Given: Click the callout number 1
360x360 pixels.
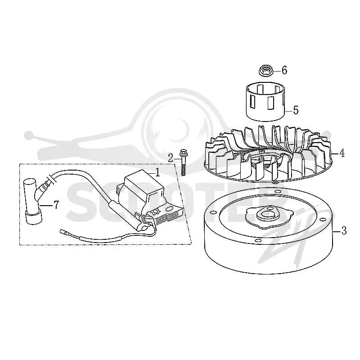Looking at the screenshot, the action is (x=157, y=172).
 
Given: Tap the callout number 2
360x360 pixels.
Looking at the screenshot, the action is (x=171, y=158).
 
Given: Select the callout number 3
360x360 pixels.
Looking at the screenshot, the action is (x=344, y=230).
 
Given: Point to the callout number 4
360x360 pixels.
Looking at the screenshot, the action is (x=342, y=153).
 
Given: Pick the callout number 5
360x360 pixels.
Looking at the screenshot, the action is (x=296, y=110).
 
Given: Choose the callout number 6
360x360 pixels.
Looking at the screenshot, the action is (x=284, y=70).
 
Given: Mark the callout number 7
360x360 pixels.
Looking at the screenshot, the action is (x=56, y=205).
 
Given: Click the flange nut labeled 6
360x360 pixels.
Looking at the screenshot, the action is (x=266, y=71).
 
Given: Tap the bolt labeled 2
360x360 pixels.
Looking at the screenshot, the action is (x=183, y=162).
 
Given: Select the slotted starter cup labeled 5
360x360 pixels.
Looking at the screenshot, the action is (x=265, y=102).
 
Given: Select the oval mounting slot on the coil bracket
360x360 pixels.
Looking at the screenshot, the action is (x=170, y=209).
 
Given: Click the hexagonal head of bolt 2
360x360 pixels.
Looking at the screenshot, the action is (x=183, y=152).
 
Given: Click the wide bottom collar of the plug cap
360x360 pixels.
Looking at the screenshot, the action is (x=34, y=218).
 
